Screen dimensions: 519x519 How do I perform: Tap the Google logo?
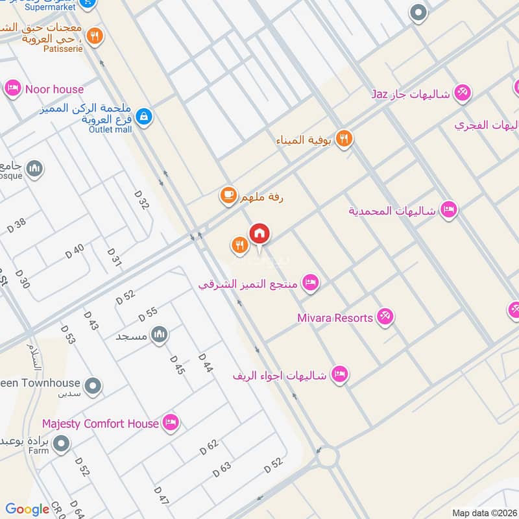coord(27,509)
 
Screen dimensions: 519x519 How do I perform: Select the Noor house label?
coord(54,89)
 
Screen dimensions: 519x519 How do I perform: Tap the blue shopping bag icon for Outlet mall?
coord(145,116)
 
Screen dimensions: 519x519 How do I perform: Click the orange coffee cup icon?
coord(228,195)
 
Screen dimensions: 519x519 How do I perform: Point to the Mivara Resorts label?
coord(335,318)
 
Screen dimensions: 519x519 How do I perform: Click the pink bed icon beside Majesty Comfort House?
coord(171,423)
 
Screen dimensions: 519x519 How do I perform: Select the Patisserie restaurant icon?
coord(95,36)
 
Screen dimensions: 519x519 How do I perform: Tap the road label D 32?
coord(141,200)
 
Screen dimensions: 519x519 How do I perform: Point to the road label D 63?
coord(221,470)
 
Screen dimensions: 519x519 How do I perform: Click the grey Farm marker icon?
coord(62,444)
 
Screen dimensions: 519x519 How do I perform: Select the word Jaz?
coord(380,94)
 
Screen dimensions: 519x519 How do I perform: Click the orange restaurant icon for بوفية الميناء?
coord(344,138)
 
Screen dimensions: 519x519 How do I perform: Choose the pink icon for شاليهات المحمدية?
coord(448,210)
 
